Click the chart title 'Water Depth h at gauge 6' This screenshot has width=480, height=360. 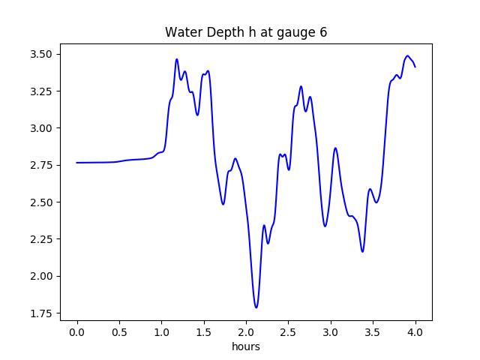pyautogui.click(x=246, y=32)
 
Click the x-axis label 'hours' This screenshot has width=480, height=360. pyautogui.click(x=246, y=347)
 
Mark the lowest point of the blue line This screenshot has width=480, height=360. pyautogui.click(x=256, y=307)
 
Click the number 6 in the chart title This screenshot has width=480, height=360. pyautogui.click(x=323, y=32)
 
